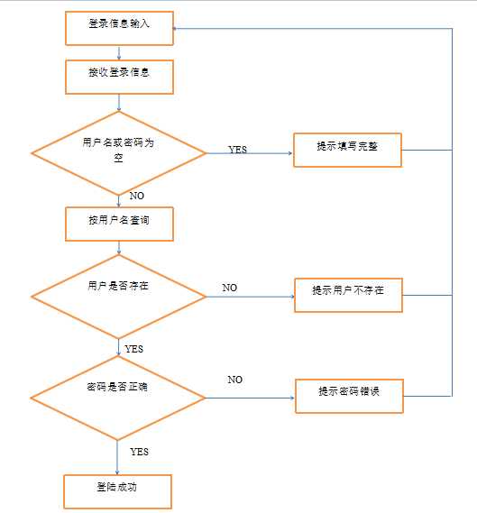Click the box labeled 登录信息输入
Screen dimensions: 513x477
119,27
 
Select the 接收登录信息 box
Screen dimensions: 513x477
119,76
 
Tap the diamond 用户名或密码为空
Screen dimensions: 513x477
119,152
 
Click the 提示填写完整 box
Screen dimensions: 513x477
347,150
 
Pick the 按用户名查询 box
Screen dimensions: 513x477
119,223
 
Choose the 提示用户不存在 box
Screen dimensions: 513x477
347,294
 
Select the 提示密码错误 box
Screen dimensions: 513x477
347,395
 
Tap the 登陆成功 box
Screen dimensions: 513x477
117,490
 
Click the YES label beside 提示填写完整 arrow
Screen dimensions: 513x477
237,150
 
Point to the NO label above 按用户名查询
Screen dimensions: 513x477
137,196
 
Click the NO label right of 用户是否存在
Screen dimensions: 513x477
230,288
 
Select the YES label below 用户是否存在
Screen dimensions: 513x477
133,348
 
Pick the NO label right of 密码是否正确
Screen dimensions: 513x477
234,380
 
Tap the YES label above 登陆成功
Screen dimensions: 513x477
139,451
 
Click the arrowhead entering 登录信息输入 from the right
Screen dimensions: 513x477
178,28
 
